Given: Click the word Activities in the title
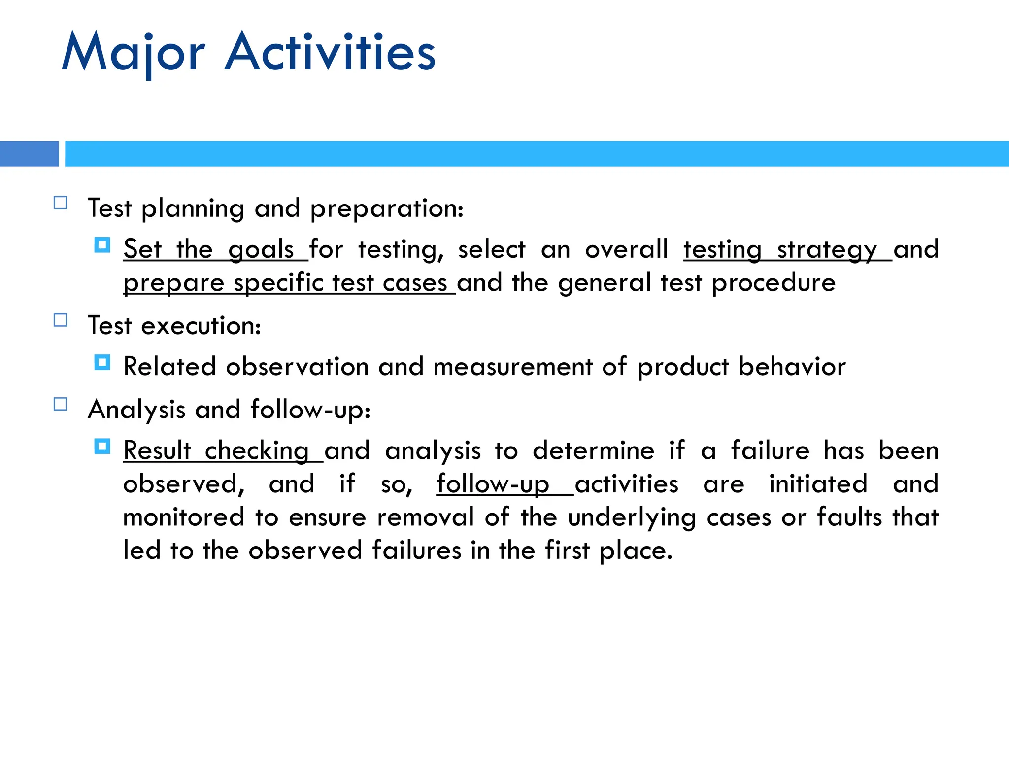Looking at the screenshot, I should click(330, 52).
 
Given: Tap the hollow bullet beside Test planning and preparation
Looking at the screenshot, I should click(60, 203).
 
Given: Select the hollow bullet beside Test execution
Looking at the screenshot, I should click(60, 320).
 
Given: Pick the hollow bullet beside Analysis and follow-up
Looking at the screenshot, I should click(60, 404).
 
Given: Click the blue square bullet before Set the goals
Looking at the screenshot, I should click(102, 245).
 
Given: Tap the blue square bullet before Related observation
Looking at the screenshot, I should click(102, 363).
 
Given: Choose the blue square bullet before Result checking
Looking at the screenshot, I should click(102, 447).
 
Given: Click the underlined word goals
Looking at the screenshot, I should click(261, 250).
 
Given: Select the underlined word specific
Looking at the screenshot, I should click(278, 283).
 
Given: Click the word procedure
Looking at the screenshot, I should click(774, 283).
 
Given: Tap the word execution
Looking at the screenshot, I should click(201, 326).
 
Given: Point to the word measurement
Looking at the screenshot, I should click(513, 367).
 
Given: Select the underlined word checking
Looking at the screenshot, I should click(257, 451).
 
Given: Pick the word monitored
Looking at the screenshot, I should click(184, 517).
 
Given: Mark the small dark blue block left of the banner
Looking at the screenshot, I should click(29, 154).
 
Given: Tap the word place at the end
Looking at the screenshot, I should click(636, 551).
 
